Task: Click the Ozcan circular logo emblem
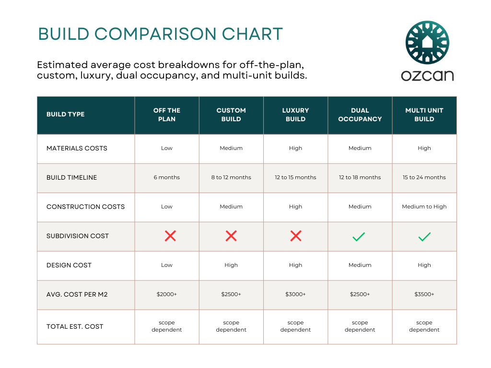(x=427, y=43)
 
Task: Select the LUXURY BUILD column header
(x=295, y=115)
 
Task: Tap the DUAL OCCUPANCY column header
(x=360, y=115)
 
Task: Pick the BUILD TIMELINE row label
(x=71, y=177)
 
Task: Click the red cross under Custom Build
(x=231, y=236)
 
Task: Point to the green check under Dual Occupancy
(x=359, y=236)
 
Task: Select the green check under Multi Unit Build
(x=424, y=236)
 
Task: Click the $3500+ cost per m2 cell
(x=424, y=294)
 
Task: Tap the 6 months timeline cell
(x=167, y=177)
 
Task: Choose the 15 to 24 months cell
(x=424, y=177)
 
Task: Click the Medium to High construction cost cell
(x=424, y=207)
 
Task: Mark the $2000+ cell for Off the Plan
(x=167, y=294)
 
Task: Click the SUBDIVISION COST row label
(x=78, y=236)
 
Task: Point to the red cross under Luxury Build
(x=296, y=236)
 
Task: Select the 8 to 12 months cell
(x=231, y=177)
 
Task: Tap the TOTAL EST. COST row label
(x=75, y=326)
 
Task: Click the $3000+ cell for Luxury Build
(x=295, y=294)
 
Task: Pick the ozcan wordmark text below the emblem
(x=427, y=75)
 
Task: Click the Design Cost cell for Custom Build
(x=231, y=265)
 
